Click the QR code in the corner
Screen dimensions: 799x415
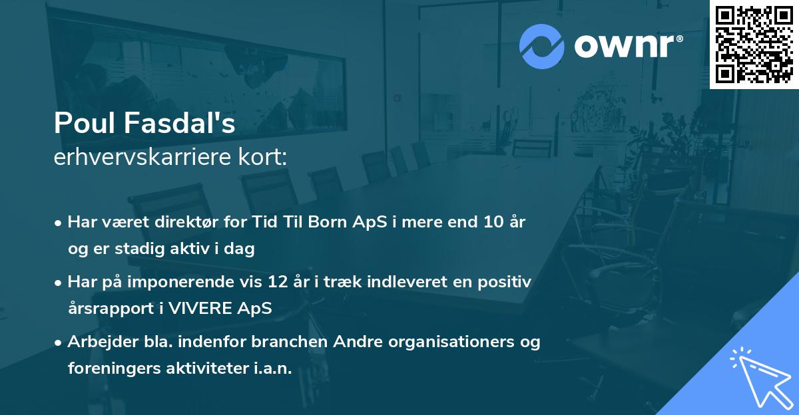[754, 45]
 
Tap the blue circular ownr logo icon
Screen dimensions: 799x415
[542, 47]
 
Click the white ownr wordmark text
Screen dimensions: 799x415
[629, 47]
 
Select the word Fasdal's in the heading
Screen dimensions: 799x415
[179, 123]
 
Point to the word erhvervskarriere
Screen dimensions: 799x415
[142, 157]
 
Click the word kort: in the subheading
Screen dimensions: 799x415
[262, 157]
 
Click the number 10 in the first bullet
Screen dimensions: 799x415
[493, 222]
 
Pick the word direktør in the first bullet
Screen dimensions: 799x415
[186, 222]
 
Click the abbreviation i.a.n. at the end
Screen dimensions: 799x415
[273, 368]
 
